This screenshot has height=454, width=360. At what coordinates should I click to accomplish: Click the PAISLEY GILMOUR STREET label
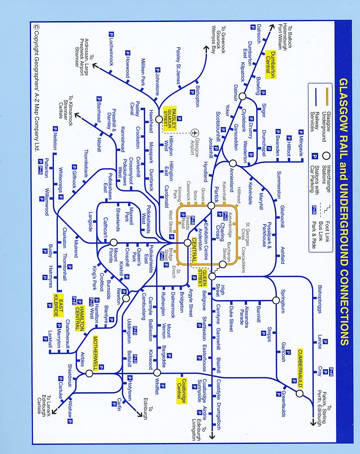172,120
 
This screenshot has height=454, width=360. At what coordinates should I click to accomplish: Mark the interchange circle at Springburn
276,300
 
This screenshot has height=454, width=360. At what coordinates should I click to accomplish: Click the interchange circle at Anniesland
232,163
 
